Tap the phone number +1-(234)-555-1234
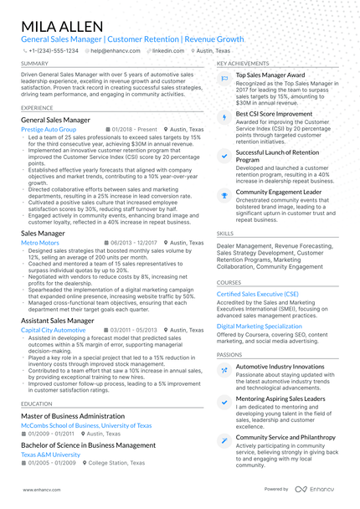52,50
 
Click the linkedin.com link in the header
168,50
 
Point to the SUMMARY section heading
34,64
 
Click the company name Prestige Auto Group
49,130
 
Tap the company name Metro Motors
39,242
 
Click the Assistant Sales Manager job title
58,321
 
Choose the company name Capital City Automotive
53,330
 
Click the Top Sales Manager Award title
270,75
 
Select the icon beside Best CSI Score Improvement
224,115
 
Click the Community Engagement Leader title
280,192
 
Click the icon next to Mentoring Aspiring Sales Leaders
224,401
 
